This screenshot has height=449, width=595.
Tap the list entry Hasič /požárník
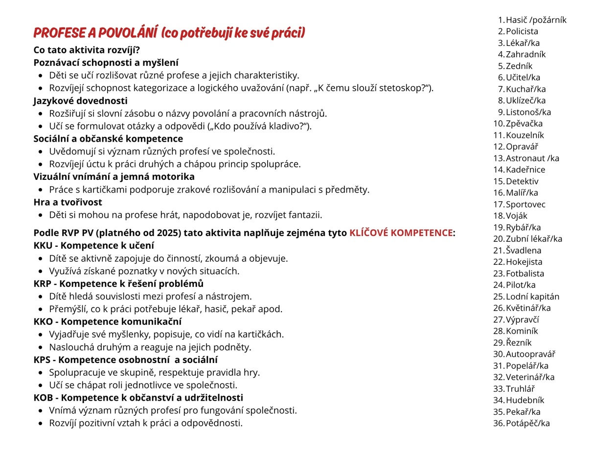click(536, 20)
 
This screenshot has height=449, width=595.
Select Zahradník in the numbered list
click(526, 54)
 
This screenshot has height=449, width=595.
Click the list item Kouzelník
click(525, 135)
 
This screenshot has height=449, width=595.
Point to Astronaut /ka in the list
click(532, 158)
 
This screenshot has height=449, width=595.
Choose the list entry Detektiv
click(522, 181)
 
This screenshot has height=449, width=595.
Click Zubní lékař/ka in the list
click(534, 239)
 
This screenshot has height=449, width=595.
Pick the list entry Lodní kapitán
click(532, 297)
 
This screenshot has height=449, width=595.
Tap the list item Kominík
click(522, 331)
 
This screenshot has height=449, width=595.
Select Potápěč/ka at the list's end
click(527, 424)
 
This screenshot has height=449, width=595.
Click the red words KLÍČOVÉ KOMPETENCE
click(401, 233)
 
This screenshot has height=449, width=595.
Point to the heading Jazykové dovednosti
click(80, 101)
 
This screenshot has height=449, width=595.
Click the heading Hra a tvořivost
click(68, 202)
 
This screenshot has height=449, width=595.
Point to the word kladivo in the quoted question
click(283, 126)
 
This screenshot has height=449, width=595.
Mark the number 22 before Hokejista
click(498, 262)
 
